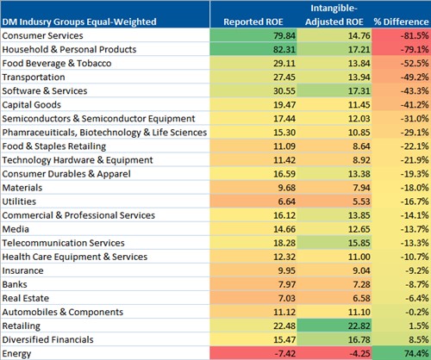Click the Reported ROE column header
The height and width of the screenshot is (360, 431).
pos(253,22)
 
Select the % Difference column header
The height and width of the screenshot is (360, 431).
pos(401,22)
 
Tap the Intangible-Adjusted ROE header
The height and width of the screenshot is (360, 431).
pos(334,15)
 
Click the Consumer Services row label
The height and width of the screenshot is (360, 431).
pos(42,35)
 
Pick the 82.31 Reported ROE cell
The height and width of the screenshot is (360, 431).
pos(284,49)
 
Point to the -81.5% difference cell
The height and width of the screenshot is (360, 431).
pos(415,35)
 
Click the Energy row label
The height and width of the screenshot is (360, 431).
pos(16,354)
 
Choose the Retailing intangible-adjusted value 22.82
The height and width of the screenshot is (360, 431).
pos(359,326)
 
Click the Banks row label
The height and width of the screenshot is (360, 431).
pos(15,284)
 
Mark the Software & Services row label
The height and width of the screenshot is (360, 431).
pos(45,91)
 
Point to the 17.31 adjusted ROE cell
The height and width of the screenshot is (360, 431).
pos(359,91)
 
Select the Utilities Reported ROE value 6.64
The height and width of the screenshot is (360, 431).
pos(286,202)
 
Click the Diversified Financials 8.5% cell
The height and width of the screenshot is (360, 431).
pos(419,339)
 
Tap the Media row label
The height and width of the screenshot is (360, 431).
pos(16,229)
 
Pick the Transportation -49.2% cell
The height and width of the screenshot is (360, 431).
pos(415,78)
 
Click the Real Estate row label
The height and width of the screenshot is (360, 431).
pos(26,298)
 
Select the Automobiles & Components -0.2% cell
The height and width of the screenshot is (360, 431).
pos(416,312)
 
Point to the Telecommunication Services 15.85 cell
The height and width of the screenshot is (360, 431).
pos(359,243)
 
